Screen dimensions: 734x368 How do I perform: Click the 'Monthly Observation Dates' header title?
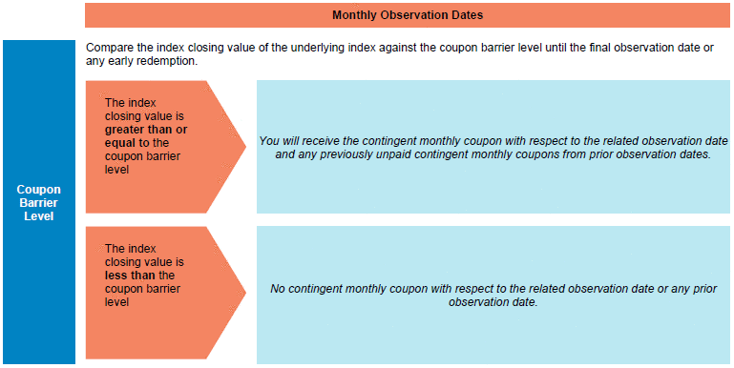(x=408, y=15)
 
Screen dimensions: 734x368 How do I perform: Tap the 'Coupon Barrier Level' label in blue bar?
(x=39, y=203)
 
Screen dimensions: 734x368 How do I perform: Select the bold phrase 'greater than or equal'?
(x=146, y=135)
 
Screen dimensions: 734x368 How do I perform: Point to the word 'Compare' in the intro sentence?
(x=105, y=49)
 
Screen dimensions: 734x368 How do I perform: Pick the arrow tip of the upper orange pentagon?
(x=246, y=147)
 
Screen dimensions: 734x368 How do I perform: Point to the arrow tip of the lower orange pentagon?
(x=246, y=293)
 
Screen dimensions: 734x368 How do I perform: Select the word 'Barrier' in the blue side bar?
(x=39, y=203)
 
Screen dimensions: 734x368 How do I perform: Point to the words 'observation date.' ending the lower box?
(x=491, y=302)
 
